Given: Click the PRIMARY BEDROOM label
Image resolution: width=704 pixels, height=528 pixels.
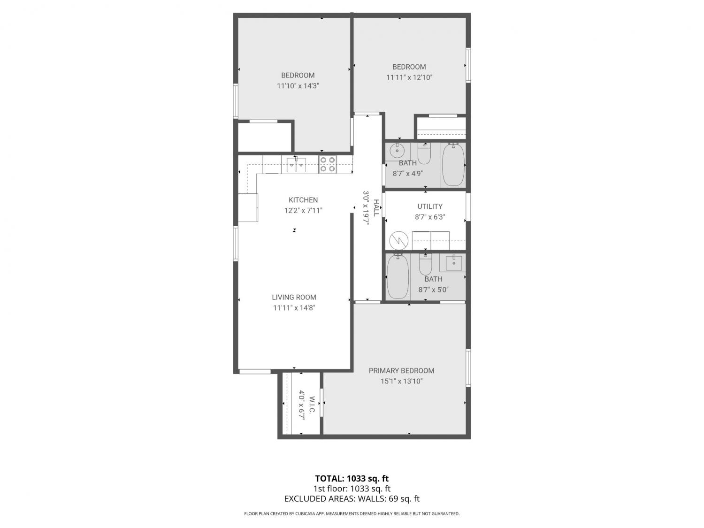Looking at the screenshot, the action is (x=401, y=371).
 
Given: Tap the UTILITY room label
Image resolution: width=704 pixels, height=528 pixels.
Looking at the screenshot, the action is (x=430, y=207).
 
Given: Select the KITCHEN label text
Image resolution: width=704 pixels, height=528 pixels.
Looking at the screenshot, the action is (x=303, y=200).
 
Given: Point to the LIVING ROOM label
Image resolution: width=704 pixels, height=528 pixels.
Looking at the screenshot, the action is (x=294, y=297).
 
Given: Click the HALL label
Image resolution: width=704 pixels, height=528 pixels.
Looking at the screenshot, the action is (x=376, y=208).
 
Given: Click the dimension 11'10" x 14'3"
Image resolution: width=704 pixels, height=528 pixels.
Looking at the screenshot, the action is (x=298, y=86).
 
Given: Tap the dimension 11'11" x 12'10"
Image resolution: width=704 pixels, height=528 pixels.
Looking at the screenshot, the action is (x=409, y=77).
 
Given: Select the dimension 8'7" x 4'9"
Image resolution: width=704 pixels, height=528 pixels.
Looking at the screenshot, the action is (x=408, y=174).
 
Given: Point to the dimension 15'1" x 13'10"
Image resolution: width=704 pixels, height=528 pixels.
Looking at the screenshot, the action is (x=402, y=381).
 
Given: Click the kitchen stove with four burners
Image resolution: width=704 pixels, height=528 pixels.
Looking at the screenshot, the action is (x=328, y=164).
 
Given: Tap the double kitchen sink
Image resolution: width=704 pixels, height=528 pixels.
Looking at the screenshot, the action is (x=296, y=164).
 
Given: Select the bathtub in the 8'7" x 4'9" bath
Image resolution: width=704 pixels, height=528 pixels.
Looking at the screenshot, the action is (x=453, y=165).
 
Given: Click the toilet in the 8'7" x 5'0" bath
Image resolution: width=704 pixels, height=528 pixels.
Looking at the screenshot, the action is (x=425, y=263).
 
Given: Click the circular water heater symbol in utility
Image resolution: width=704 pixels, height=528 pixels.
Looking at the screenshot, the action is (x=398, y=240).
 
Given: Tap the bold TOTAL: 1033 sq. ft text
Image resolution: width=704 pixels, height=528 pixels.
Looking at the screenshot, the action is (x=352, y=479).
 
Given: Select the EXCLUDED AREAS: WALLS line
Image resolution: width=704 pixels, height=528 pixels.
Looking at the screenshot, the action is (x=352, y=498).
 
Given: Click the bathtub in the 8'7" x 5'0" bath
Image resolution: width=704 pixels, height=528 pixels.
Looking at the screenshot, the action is (x=398, y=276).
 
